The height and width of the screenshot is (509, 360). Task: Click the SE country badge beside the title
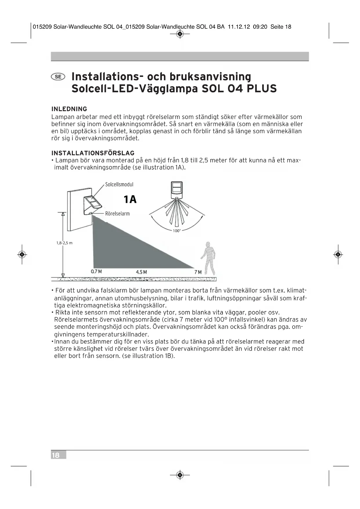58,77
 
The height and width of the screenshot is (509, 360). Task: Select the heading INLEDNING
69,109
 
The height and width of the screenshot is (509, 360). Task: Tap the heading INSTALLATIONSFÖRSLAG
93,153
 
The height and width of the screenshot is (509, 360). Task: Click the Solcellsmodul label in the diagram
119,185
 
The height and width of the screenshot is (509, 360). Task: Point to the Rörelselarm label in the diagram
117,214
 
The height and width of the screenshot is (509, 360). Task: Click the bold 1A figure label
130,199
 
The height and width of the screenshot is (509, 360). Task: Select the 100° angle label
177,231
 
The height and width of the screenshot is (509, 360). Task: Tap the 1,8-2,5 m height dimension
64,243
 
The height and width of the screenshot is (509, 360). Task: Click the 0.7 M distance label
96,272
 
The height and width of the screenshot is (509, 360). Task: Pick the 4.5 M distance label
141,272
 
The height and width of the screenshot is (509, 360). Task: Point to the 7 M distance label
198,272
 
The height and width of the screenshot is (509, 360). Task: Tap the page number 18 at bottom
55,455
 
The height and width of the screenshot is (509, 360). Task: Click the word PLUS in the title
262,89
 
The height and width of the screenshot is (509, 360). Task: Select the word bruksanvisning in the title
210,77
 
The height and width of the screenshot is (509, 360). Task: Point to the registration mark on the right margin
338,255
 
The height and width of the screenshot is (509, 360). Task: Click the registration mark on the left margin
22,255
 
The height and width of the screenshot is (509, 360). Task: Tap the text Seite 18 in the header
281,27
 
